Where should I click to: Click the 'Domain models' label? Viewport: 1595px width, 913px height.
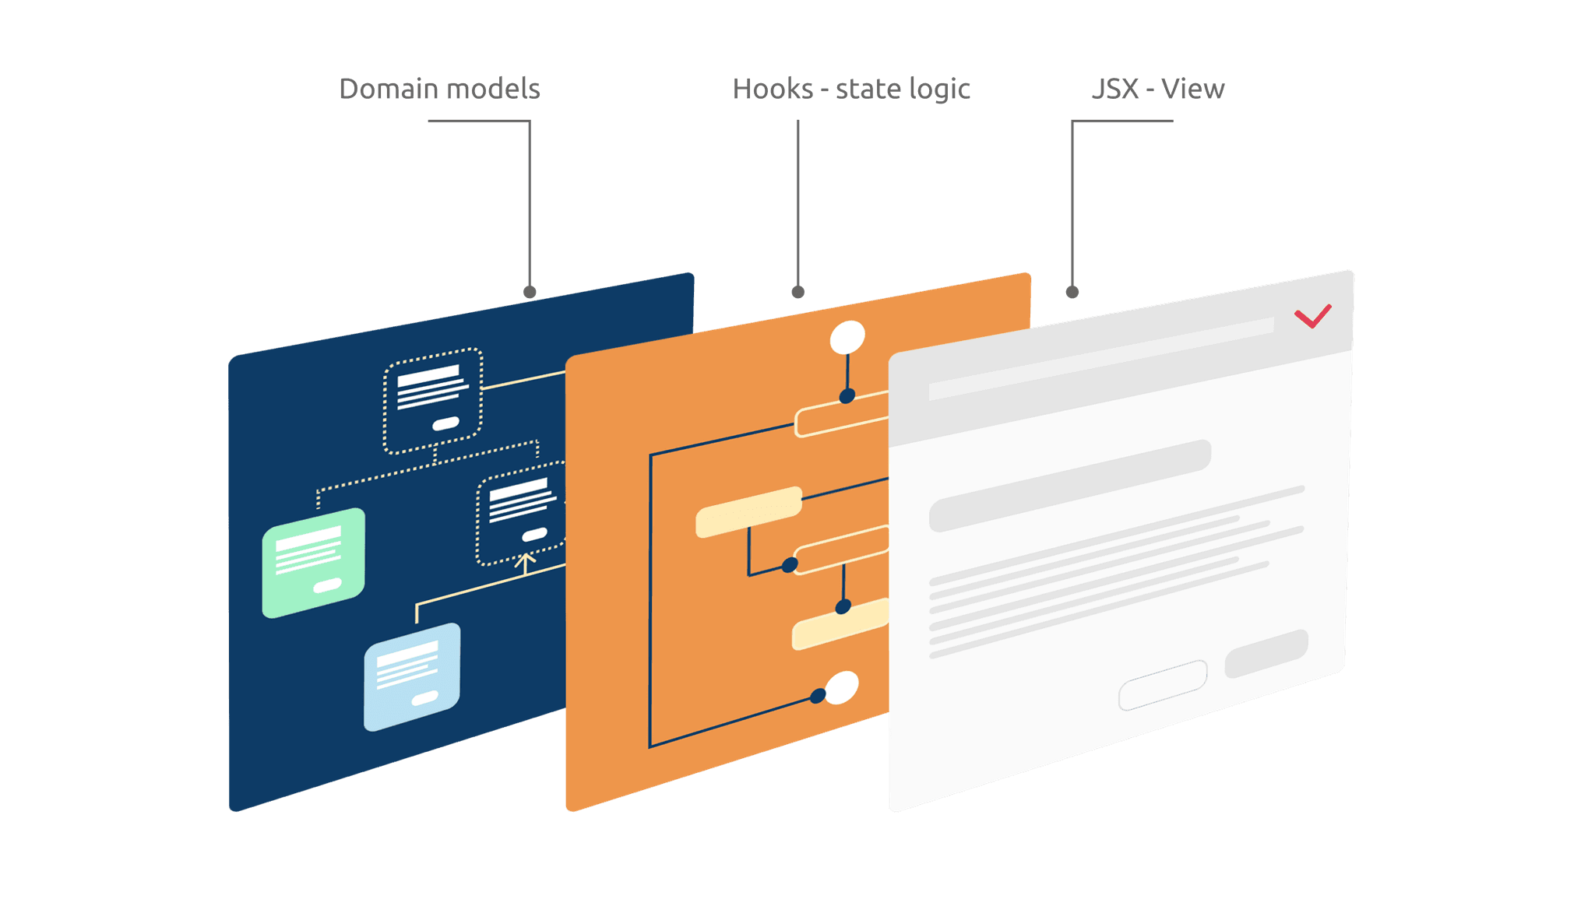pyautogui.click(x=439, y=90)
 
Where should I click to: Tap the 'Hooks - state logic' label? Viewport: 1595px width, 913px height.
pyautogui.click(x=851, y=90)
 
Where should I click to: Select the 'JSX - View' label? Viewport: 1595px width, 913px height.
pyautogui.click(x=1158, y=90)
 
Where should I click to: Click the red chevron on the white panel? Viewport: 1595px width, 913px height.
pyautogui.click(x=1313, y=316)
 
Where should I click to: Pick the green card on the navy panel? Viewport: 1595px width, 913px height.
pyautogui.click(x=313, y=563)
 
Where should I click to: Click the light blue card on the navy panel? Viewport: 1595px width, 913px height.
pyautogui.click(x=412, y=676)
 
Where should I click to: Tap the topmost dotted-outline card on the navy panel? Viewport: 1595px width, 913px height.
pyautogui.click(x=433, y=401)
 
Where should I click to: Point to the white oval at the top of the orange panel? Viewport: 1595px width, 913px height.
pyautogui.click(x=847, y=338)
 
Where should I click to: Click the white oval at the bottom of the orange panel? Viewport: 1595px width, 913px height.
pyautogui.click(x=841, y=687)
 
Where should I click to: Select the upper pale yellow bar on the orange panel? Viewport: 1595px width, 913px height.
pyautogui.click(x=748, y=512)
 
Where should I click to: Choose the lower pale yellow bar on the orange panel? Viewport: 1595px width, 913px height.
pyautogui.click(x=840, y=625)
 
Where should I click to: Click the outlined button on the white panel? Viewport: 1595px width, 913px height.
pyautogui.click(x=1163, y=686)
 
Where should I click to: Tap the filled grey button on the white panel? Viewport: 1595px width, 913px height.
pyautogui.click(x=1266, y=653)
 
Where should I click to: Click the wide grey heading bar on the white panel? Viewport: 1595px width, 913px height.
pyautogui.click(x=1070, y=486)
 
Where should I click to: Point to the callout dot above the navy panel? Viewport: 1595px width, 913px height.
pyautogui.click(x=530, y=292)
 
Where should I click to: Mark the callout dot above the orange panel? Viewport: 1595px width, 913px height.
pyautogui.click(x=797, y=292)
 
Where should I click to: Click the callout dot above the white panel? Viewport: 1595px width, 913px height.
pyautogui.click(x=1072, y=292)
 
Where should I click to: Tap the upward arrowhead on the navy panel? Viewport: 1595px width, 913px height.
pyautogui.click(x=526, y=558)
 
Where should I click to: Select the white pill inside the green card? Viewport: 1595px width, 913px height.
pyautogui.click(x=327, y=585)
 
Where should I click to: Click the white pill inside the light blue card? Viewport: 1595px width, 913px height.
pyautogui.click(x=424, y=698)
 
